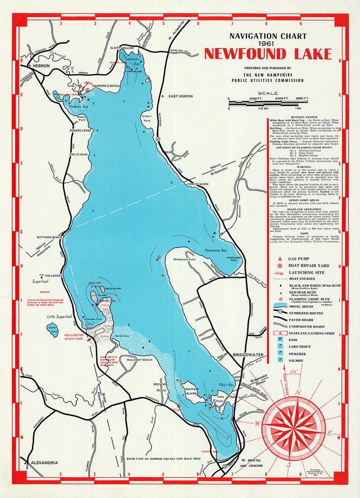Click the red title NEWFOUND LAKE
click(x=268, y=54)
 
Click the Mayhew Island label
click(x=193, y=390)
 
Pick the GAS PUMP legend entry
click(x=299, y=258)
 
